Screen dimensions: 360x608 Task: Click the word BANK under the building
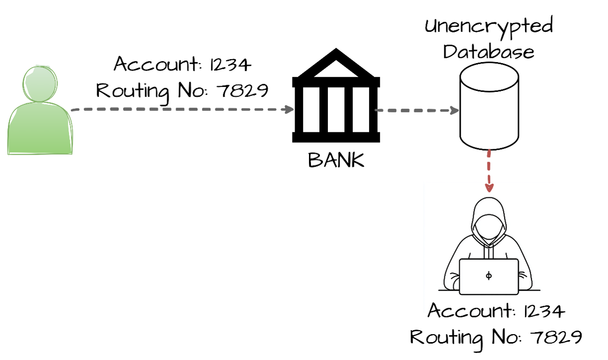coord(336,160)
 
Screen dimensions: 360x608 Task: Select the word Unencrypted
coord(489,26)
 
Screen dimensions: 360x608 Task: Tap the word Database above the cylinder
coord(489,51)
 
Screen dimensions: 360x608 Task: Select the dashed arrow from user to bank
coord(182,109)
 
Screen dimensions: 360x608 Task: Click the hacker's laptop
coord(489,276)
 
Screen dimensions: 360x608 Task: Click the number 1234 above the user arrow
coord(232,65)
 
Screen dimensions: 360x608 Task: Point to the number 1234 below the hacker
coord(545,312)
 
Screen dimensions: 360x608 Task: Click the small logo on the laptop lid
coord(489,276)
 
